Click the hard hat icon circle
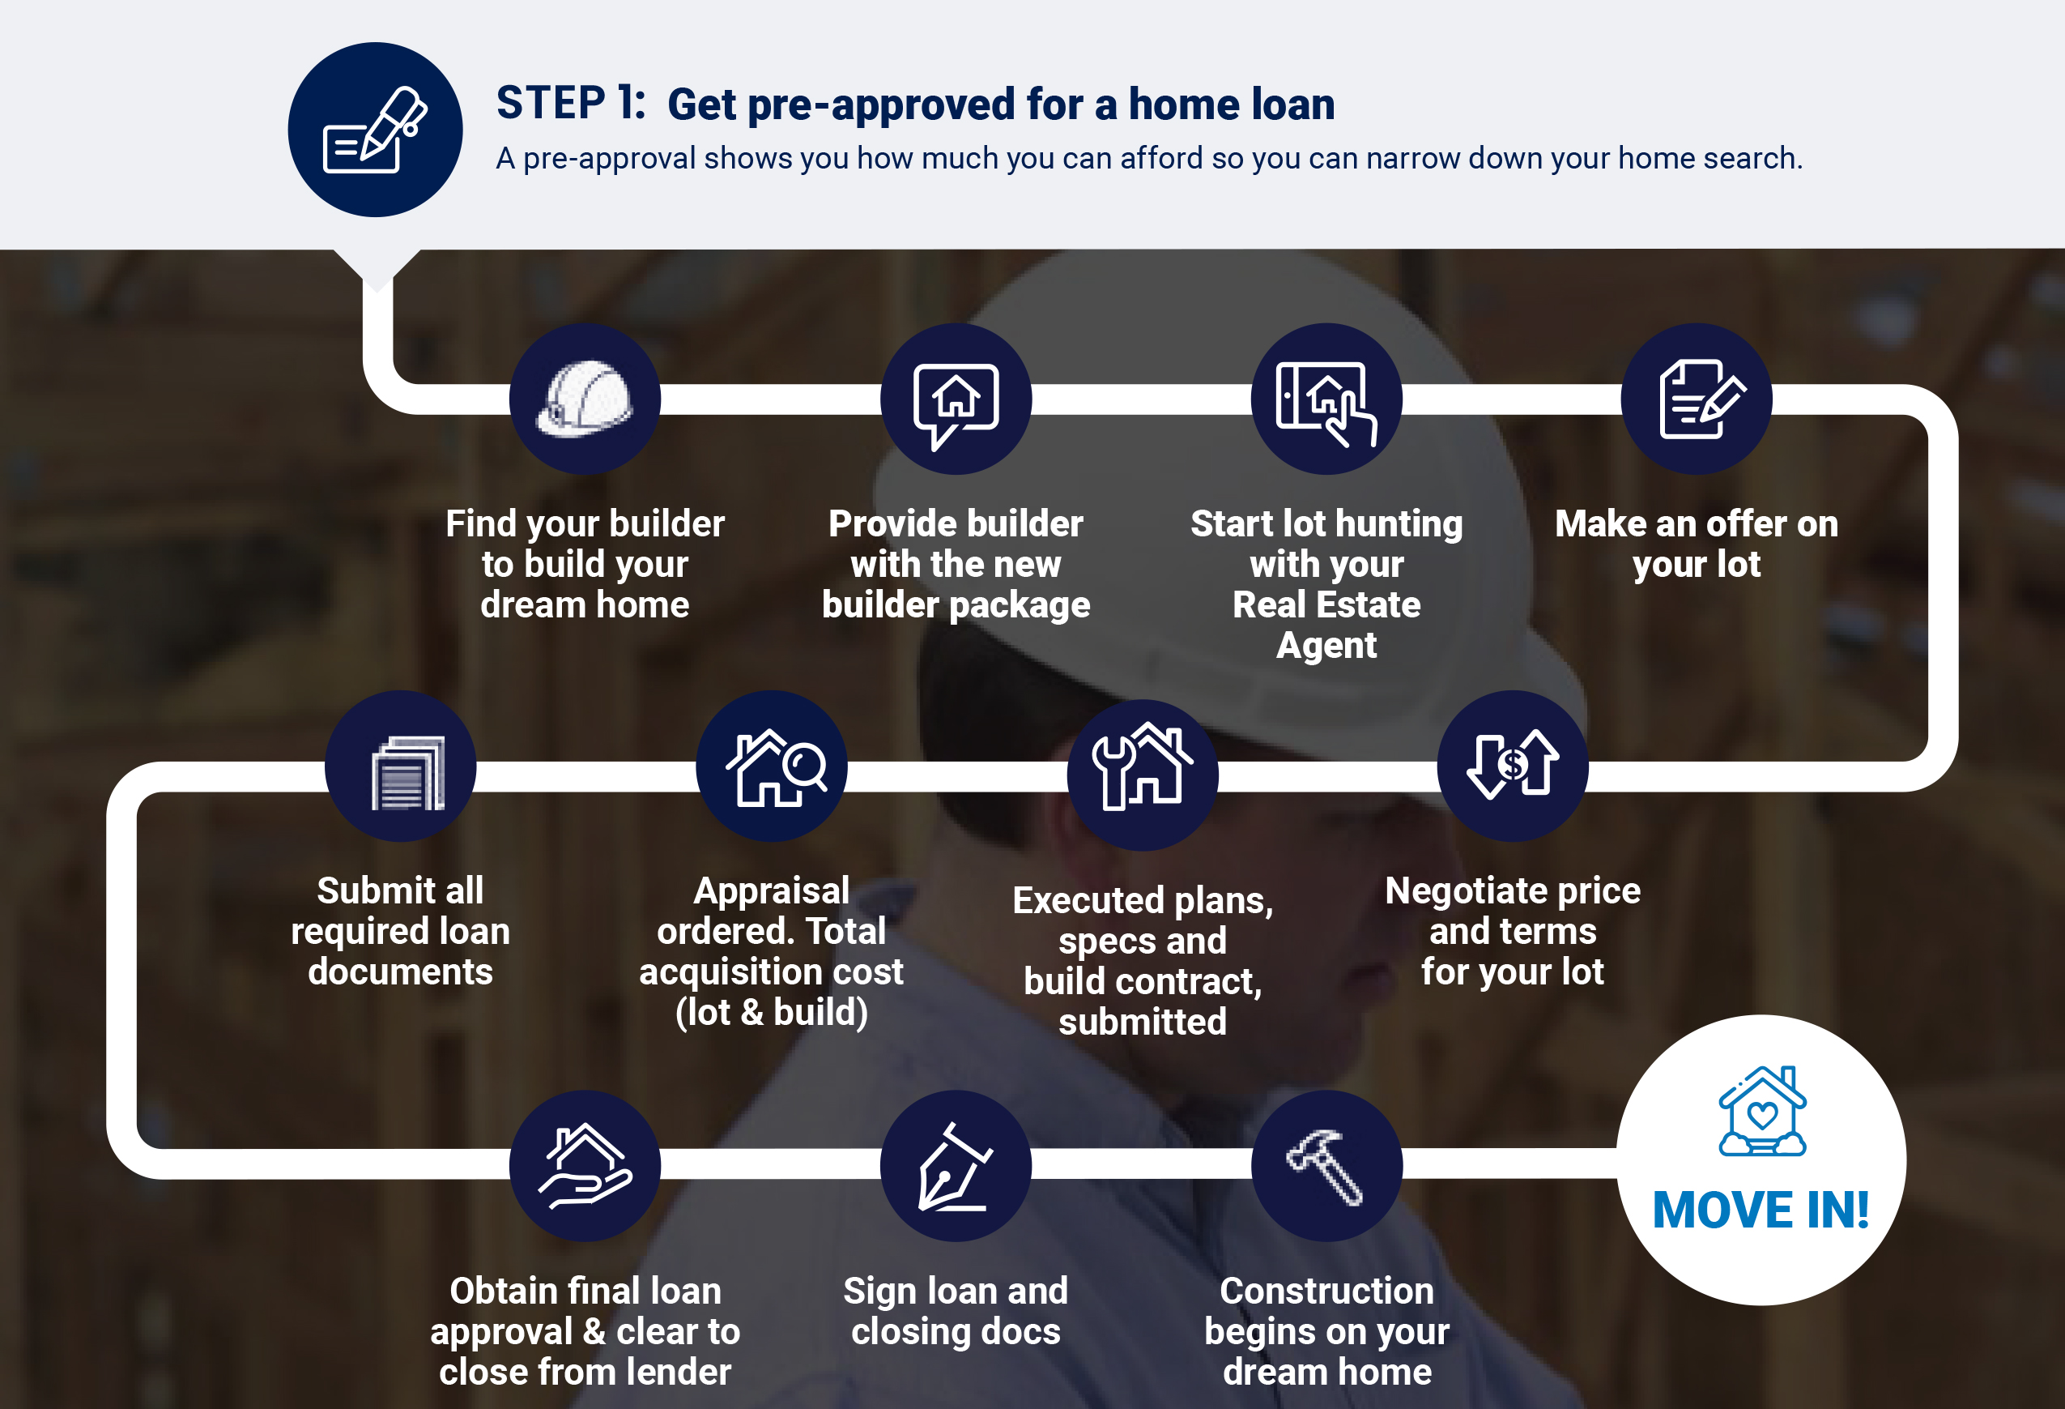pos(585,399)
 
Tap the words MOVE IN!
pos(1761,1210)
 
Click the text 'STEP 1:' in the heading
pos(570,103)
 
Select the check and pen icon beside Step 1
pos(375,130)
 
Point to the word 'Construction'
pos(1326,1291)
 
